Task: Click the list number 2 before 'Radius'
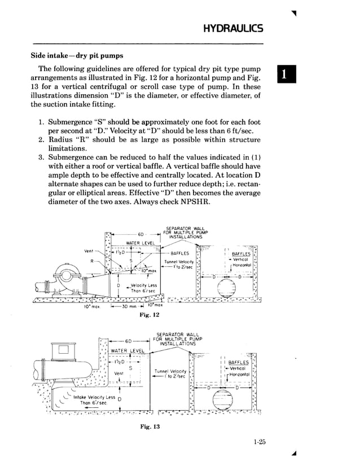(41, 139)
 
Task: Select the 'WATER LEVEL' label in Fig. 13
(128, 351)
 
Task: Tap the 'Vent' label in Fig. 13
(119, 373)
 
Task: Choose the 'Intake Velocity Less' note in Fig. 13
(91, 397)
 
